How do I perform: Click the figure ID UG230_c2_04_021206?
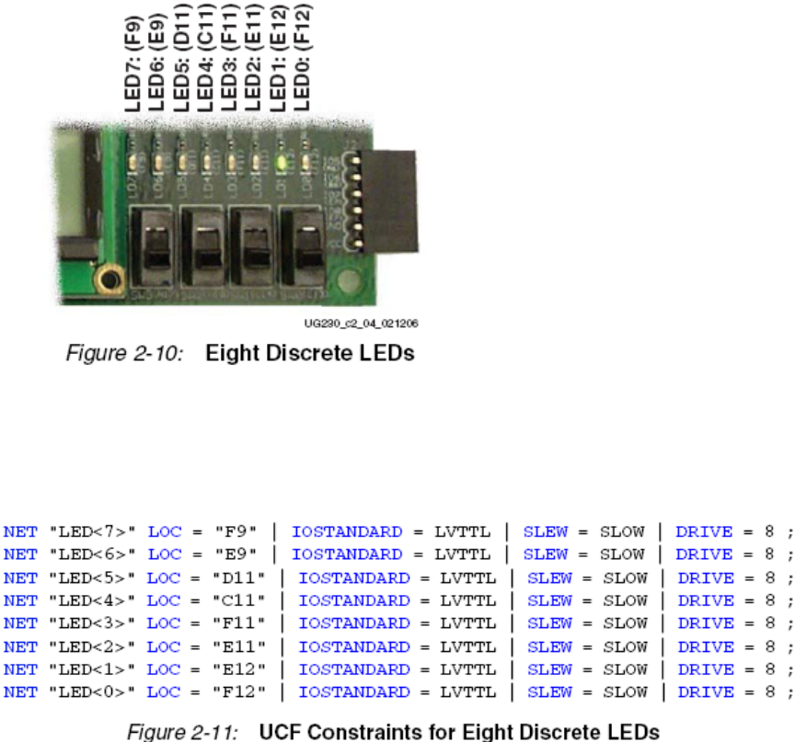[x=355, y=322]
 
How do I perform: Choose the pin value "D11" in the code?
[x=239, y=577]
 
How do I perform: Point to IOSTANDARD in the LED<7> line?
[x=347, y=531]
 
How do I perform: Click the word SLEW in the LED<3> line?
[x=549, y=623]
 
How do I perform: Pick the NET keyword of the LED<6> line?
[x=20, y=554]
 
